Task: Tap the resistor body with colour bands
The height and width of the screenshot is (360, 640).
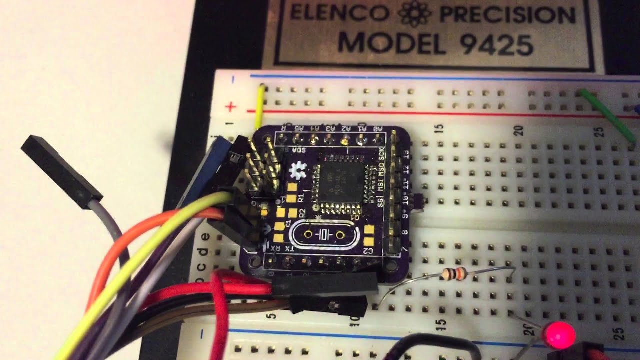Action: [454, 273]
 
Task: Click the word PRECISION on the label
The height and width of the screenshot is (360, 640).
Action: [507, 16]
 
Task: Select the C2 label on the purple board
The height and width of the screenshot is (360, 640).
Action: [369, 249]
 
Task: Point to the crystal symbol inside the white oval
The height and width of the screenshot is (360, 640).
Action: [324, 234]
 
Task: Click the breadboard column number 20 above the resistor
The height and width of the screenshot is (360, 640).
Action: [518, 131]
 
